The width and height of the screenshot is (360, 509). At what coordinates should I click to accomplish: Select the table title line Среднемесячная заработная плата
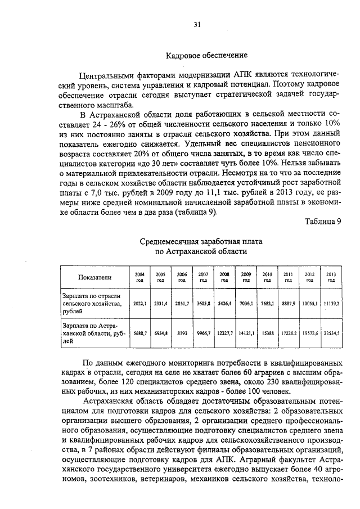click(x=201, y=241)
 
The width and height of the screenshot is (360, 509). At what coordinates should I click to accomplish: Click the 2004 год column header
click(x=139, y=277)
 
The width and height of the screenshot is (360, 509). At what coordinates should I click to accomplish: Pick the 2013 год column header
click(x=331, y=277)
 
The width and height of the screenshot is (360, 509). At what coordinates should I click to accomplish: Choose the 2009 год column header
click(x=246, y=277)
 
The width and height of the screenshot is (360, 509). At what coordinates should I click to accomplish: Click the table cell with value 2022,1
click(x=139, y=303)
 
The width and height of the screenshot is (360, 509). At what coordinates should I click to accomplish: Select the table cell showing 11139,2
click(x=331, y=303)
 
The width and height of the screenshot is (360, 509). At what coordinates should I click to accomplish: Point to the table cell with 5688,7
click(x=139, y=333)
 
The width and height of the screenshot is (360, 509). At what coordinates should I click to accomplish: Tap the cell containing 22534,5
click(x=331, y=333)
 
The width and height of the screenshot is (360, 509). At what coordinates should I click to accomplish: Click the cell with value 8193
click(x=182, y=333)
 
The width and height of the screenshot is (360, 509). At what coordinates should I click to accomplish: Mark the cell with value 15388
click(x=267, y=333)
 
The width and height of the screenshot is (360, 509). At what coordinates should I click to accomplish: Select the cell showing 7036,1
click(x=246, y=303)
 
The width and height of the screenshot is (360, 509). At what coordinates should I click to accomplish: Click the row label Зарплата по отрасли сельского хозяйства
click(x=92, y=303)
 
